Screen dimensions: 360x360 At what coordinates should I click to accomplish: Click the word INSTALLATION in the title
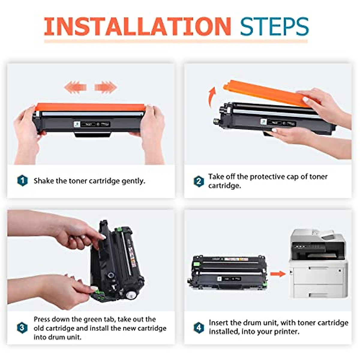pos(137,26)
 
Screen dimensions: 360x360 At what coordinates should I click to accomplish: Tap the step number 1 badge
pos(22,181)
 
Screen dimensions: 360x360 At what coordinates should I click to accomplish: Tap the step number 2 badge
pos(199,181)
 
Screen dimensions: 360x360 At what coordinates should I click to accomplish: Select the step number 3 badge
pos(22,328)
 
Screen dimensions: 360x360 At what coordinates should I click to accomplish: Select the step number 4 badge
pos(199,327)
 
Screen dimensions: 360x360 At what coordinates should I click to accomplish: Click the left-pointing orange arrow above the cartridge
pos(75,87)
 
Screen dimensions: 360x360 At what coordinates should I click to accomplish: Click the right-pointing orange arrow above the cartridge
pos(105,87)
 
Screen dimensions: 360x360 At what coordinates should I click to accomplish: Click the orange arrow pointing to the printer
pos(277,274)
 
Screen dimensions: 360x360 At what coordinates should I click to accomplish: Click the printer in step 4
pos(318,264)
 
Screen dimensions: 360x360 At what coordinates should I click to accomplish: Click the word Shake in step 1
pos(44,181)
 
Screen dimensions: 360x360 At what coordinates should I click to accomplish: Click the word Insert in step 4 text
pos(219,323)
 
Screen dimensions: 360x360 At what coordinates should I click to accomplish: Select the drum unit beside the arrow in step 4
pos(229,271)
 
